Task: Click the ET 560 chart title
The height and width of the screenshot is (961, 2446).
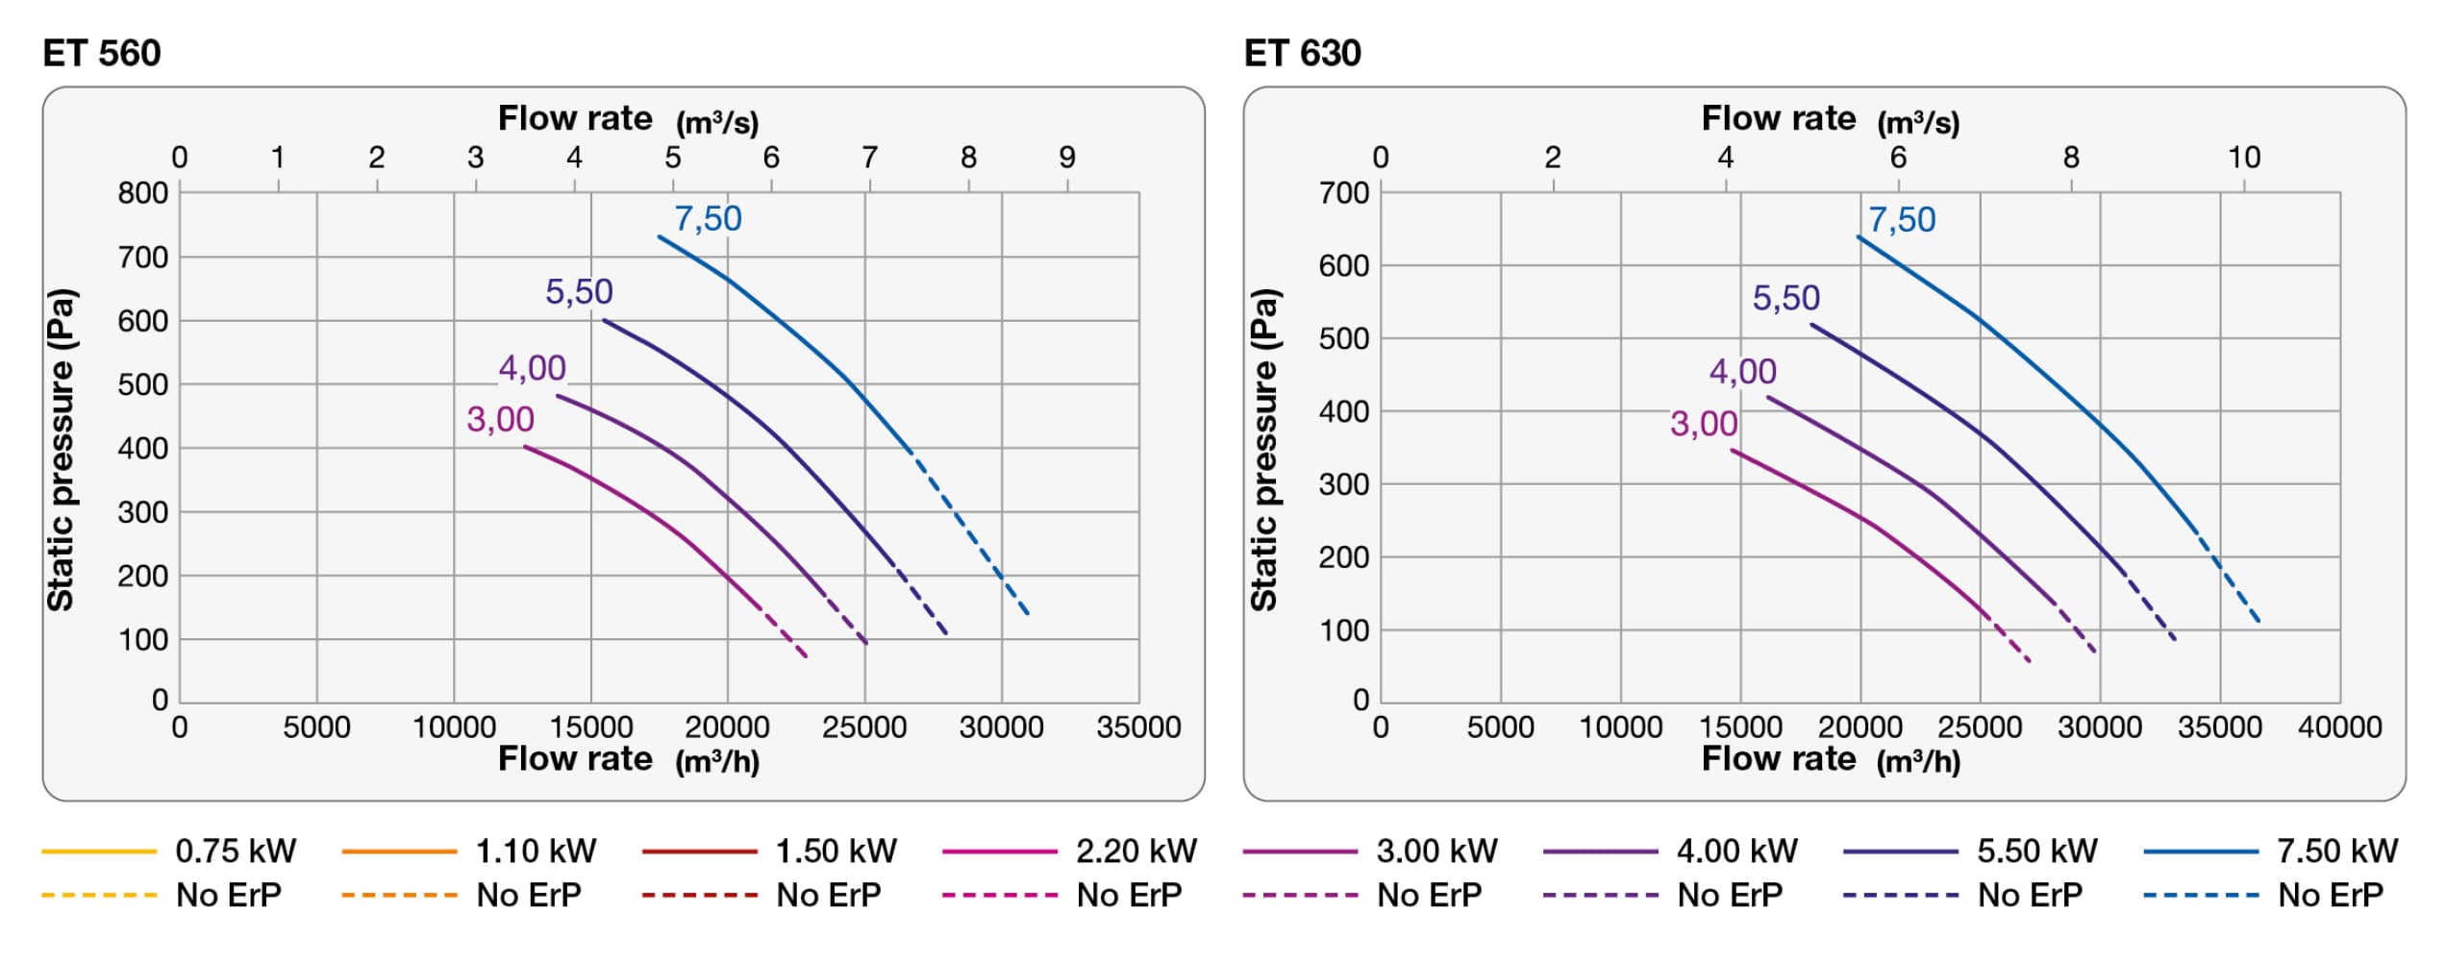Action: click(x=102, y=53)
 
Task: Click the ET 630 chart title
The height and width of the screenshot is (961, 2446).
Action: click(x=1303, y=53)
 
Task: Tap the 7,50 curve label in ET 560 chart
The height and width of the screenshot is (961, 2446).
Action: click(x=709, y=219)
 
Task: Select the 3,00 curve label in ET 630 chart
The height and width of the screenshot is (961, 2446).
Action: click(x=1704, y=424)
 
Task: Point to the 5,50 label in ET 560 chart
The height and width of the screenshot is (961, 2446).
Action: click(x=579, y=291)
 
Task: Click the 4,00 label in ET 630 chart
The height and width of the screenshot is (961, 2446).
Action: click(x=1743, y=371)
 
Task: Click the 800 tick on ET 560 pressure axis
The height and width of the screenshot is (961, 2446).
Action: click(x=142, y=193)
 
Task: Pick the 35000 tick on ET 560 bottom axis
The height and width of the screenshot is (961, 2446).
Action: click(x=1138, y=727)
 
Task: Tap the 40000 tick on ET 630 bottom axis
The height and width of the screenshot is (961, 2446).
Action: click(x=2339, y=727)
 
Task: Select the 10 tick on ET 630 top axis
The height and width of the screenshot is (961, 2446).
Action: click(x=2244, y=157)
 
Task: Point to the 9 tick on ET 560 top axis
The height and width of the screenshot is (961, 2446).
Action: click(x=1067, y=157)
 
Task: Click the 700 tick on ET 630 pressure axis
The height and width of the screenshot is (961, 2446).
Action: click(x=1343, y=193)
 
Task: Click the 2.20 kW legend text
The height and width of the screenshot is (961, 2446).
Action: click(x=1136, y=850)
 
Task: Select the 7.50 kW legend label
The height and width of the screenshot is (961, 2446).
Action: click(x=2337, y=850)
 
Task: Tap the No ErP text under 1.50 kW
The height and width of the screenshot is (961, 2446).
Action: click(x=829, y=895)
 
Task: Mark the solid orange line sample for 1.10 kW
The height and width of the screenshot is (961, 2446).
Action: click(x=399, y=851)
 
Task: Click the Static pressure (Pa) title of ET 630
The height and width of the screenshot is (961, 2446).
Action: click(x=1263, y=450)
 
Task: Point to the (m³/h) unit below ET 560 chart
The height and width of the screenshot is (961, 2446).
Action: click(x=717, y=761)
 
